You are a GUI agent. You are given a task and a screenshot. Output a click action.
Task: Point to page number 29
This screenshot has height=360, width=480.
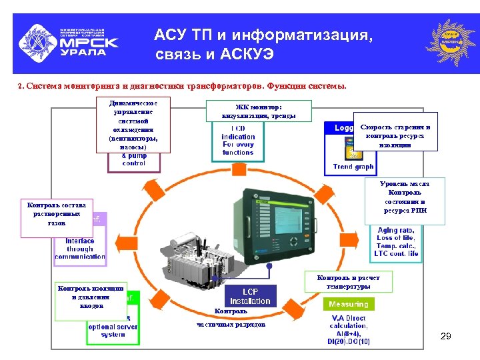pyautogui.click(x=445, y=337)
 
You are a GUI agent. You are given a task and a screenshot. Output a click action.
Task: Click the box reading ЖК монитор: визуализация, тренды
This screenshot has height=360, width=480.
pyautogui.click(x=259, y=111)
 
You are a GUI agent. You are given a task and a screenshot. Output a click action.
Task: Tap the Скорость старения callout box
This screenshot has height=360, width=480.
pyautogui.click(x=395, y=135)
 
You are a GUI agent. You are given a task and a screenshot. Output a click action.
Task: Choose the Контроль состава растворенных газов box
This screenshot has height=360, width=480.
pyautogui.click(x=57, y=217)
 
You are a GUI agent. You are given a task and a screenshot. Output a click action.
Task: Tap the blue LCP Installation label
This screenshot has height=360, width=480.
pyautogui.click(x=251, y=297)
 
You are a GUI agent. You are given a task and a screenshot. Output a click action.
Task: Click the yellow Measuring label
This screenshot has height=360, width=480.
pyautogui.click(x=348, y=304)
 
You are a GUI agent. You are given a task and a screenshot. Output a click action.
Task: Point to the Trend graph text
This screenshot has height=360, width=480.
pyautogui.click(x=353, y=167)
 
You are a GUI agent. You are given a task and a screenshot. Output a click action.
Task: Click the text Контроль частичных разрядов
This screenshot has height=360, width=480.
pyautogui.click(x=231, y=318)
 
